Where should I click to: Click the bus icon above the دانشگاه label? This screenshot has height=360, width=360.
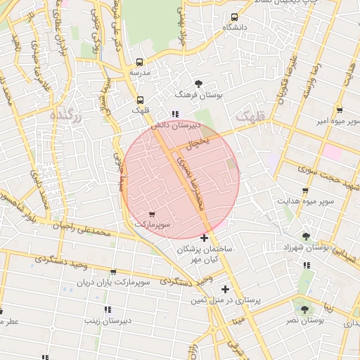point(234,18)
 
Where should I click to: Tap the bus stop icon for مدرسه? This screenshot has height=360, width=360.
point(139,62)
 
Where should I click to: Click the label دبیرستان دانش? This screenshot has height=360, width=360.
point(175,124)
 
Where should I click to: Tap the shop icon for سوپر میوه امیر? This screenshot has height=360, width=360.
point(340,110)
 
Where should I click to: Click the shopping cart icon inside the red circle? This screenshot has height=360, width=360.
point(153,213)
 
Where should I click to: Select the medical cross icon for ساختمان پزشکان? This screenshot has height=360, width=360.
point(204,239)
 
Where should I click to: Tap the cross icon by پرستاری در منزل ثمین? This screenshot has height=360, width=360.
point(225,289)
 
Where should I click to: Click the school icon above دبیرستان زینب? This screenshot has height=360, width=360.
point(107,309)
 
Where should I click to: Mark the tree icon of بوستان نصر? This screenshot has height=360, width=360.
point(304,309)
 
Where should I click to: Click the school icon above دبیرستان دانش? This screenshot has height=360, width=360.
point(175,114)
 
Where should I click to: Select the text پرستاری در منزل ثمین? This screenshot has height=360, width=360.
point(224,300)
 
